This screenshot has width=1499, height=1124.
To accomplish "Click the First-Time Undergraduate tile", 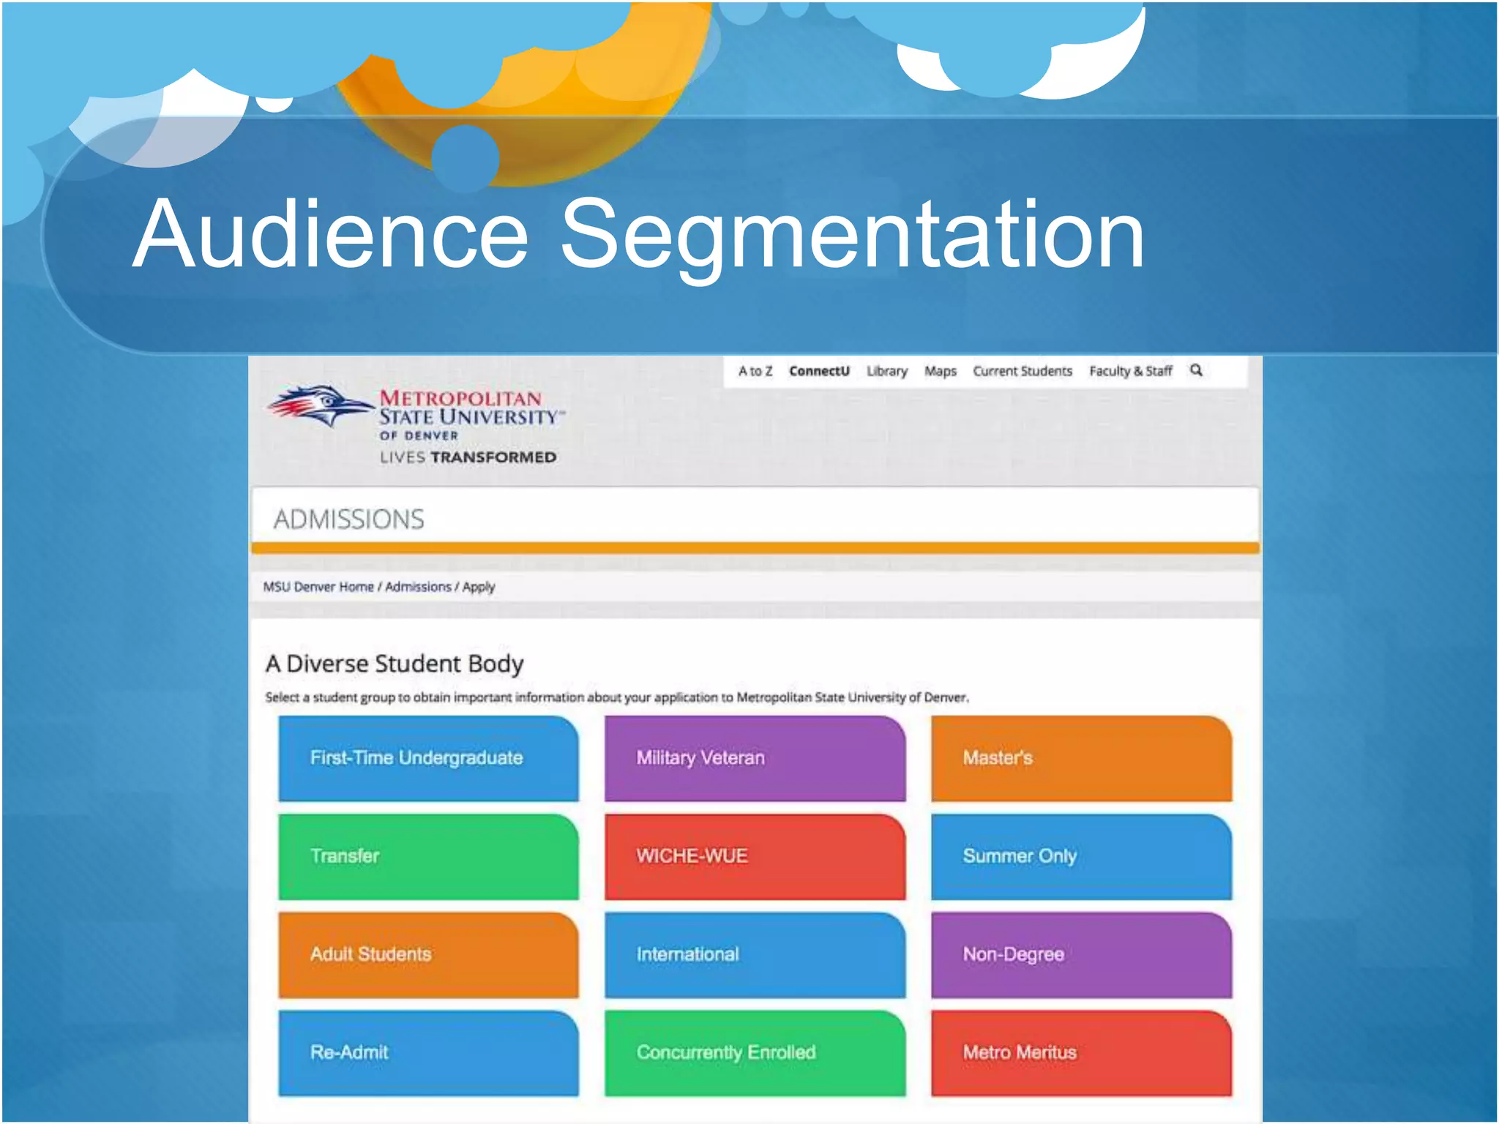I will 428,758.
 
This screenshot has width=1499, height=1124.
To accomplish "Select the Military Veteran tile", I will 755,758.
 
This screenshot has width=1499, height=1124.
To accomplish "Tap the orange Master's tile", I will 1081,758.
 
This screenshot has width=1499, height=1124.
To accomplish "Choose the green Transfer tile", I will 428,856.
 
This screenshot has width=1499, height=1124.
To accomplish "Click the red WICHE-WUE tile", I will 755,856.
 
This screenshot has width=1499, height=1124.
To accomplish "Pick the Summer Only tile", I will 1081,856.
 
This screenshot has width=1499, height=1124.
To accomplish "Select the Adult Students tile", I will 428,954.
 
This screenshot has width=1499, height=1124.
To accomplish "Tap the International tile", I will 755,954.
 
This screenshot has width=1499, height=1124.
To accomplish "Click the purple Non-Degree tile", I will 1081,954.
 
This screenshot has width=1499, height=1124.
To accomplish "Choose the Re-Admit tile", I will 428,1052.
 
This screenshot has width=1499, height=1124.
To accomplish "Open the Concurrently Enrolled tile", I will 755,1052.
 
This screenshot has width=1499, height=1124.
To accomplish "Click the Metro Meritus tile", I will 1081,1052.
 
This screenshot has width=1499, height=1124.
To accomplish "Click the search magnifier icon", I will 1196,370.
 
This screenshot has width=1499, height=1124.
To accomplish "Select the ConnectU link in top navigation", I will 819,371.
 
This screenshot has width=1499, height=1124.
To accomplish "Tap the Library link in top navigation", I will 887,371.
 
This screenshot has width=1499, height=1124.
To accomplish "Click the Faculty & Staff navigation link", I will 1130,371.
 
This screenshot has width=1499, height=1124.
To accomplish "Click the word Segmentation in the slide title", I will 852,236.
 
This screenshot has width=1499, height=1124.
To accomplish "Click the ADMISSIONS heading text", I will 348,519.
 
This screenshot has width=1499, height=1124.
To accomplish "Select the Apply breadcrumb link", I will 479,587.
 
